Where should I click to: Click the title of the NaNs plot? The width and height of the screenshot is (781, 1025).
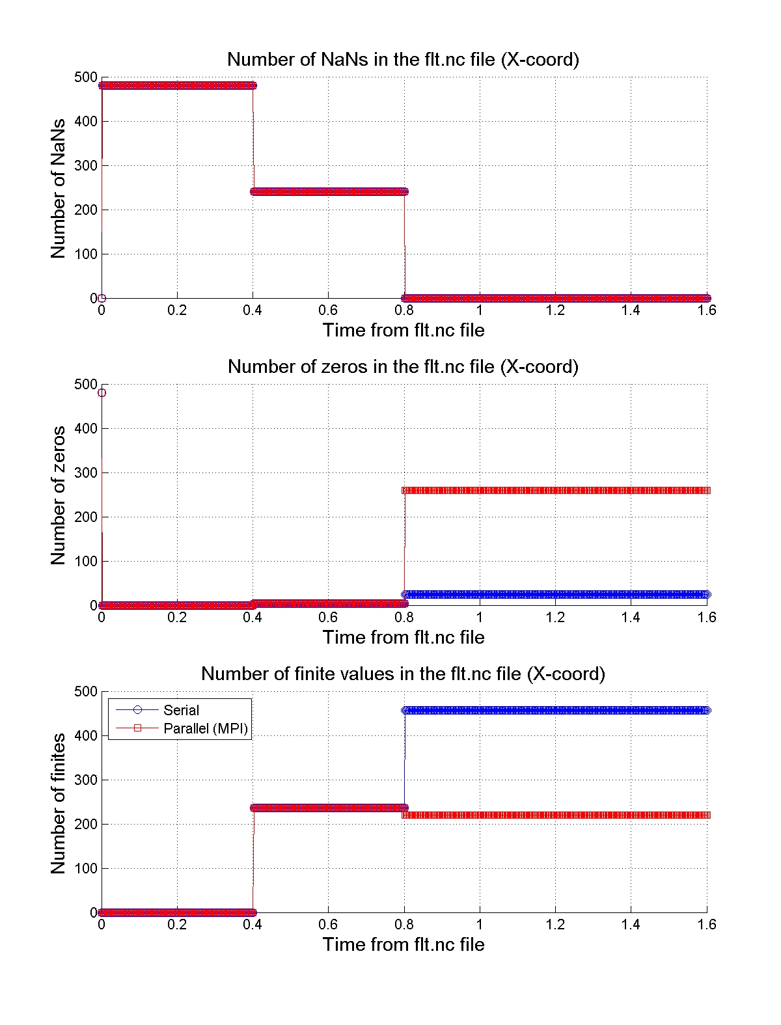click(403, 59)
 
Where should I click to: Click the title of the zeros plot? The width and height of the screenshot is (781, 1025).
click(403, 366)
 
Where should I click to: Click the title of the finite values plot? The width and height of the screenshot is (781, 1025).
click(403, 674)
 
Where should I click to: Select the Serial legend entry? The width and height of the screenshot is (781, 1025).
click(181, 710)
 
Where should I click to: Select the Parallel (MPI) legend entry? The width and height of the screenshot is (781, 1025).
click(206, 728)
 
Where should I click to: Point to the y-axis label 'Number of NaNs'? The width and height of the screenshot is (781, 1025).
click(59, 188)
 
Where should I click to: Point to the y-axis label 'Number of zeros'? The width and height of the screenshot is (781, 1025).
click(59, 495)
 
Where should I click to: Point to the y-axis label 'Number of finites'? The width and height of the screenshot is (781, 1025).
click(59, 803)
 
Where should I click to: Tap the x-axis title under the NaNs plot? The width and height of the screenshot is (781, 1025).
click(404, 330)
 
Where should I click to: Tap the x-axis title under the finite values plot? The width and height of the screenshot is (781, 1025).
click(404, 944)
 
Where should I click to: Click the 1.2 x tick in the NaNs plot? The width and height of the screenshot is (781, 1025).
click(555, 310)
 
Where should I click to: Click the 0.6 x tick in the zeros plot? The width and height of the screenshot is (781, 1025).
click(328, 618)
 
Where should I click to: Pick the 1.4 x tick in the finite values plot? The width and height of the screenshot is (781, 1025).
click(631, 925)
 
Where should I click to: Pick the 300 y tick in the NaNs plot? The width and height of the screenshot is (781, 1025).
click(85, 165)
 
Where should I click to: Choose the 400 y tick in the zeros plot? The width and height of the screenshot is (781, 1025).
click(85, 428)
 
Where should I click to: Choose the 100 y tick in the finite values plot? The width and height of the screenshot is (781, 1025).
click(85, 868)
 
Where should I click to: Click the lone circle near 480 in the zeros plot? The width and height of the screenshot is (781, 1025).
click(102, 392)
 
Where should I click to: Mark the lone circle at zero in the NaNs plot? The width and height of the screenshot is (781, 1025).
click(102, 298)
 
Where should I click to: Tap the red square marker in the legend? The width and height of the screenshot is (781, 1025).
click(137, 728)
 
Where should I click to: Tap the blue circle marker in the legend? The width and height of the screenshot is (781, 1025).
click(137, 710)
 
